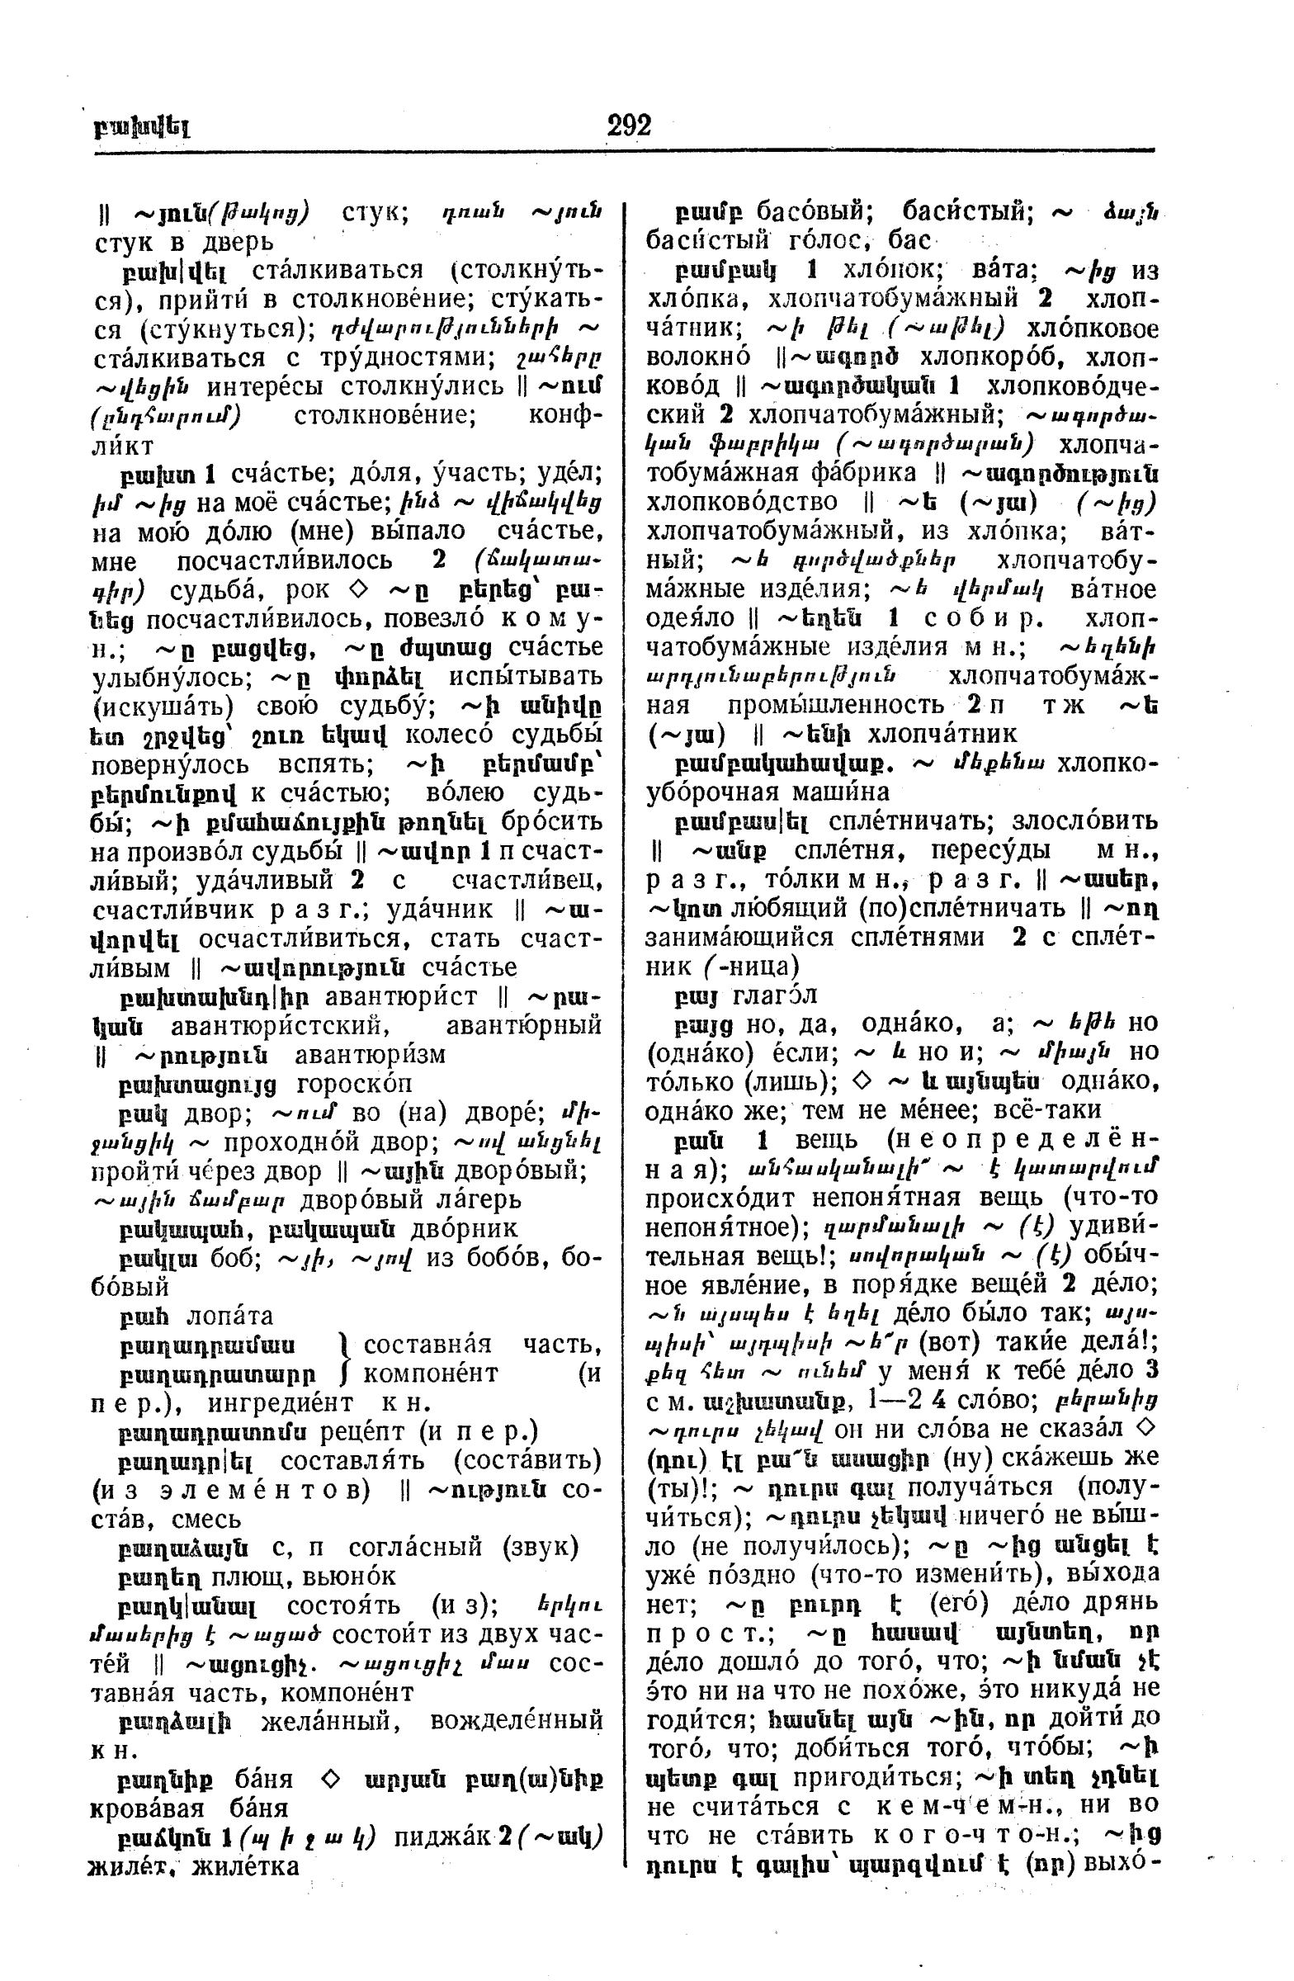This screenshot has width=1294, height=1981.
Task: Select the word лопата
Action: point(230,1316)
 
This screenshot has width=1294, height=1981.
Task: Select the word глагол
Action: point(777,995)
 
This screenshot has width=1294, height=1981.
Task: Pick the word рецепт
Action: point(357,1432)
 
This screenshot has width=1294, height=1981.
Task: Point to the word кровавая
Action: point(138,1808)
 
